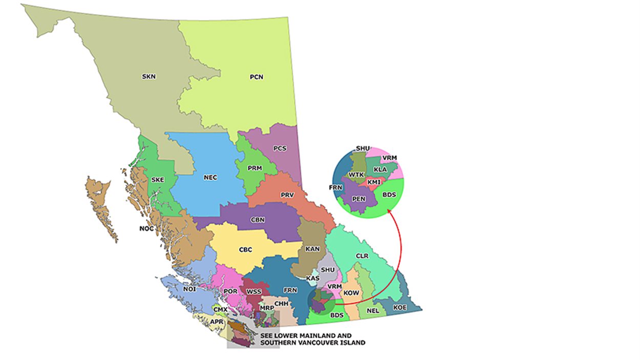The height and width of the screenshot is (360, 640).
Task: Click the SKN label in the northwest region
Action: click(148, 77)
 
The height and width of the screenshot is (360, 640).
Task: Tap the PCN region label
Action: click(257, 77)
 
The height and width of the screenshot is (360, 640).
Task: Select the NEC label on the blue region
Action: click(210, 178)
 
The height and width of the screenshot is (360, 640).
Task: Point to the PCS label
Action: click(280, 149)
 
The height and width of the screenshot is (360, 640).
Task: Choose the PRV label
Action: click(287, 195)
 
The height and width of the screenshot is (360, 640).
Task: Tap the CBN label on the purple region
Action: click(258, 220)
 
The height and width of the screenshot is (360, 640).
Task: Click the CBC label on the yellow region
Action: click(245, 250)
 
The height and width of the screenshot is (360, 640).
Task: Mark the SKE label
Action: click(158, 180)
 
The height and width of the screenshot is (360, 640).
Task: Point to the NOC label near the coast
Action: click(146, 228)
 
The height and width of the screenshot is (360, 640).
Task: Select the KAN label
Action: click(312, 249)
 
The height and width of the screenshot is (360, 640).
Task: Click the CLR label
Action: click(362, 255)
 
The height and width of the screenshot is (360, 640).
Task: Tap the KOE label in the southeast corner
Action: click(400, 307)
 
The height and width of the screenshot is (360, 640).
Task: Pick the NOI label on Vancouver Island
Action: click(189, 289)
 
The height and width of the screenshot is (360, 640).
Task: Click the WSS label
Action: click(254, 292)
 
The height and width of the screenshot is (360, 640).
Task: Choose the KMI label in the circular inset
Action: click(374, 182)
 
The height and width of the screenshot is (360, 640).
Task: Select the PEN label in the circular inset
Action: click(359, 199)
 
